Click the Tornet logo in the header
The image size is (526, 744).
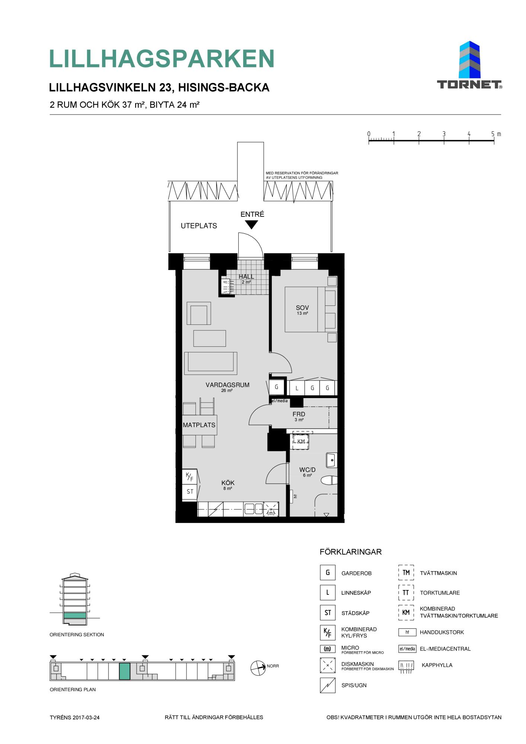pyautogui.click(x=469, y=65)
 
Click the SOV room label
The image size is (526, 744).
pyautogui.click(x=302, y=308)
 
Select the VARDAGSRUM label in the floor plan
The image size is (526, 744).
pyautogui.click(x=227, y=385)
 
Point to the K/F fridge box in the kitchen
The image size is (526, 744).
pyautogui.click(x=189, y=477)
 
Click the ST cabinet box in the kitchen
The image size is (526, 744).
pyautogui.click(x=189, y=491)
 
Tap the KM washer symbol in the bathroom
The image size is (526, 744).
pyautogui.click(x=301, y=441)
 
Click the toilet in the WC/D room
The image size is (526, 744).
pyautogui.click(x=329, y=480)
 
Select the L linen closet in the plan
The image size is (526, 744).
pyautogui.click(x=297, y=388)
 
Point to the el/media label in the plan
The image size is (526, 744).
pyautogui.click(x=280, y=401)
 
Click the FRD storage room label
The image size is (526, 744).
pyautogui.click(x=299, y=414)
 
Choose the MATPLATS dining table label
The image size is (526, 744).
pyautogui.click(x=199, y=425)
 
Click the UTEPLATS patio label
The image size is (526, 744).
pyautogui.click(x=199, y=226)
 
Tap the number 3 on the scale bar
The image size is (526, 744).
pyautogui.click(x=444, y=134)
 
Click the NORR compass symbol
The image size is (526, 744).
pyautogui.click(x=258, y=668)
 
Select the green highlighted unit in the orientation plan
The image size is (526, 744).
pyautogui.click(x=125, y=671)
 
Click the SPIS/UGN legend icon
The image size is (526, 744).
pyautogui.click(x=327, y=685)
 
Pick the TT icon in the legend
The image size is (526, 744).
pyautogui.click(x=406, y=593)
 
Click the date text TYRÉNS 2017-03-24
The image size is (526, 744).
pyautogui.click(x=75, y=717)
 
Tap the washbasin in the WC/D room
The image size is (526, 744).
pyautogui.click(x=331, y=460)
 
